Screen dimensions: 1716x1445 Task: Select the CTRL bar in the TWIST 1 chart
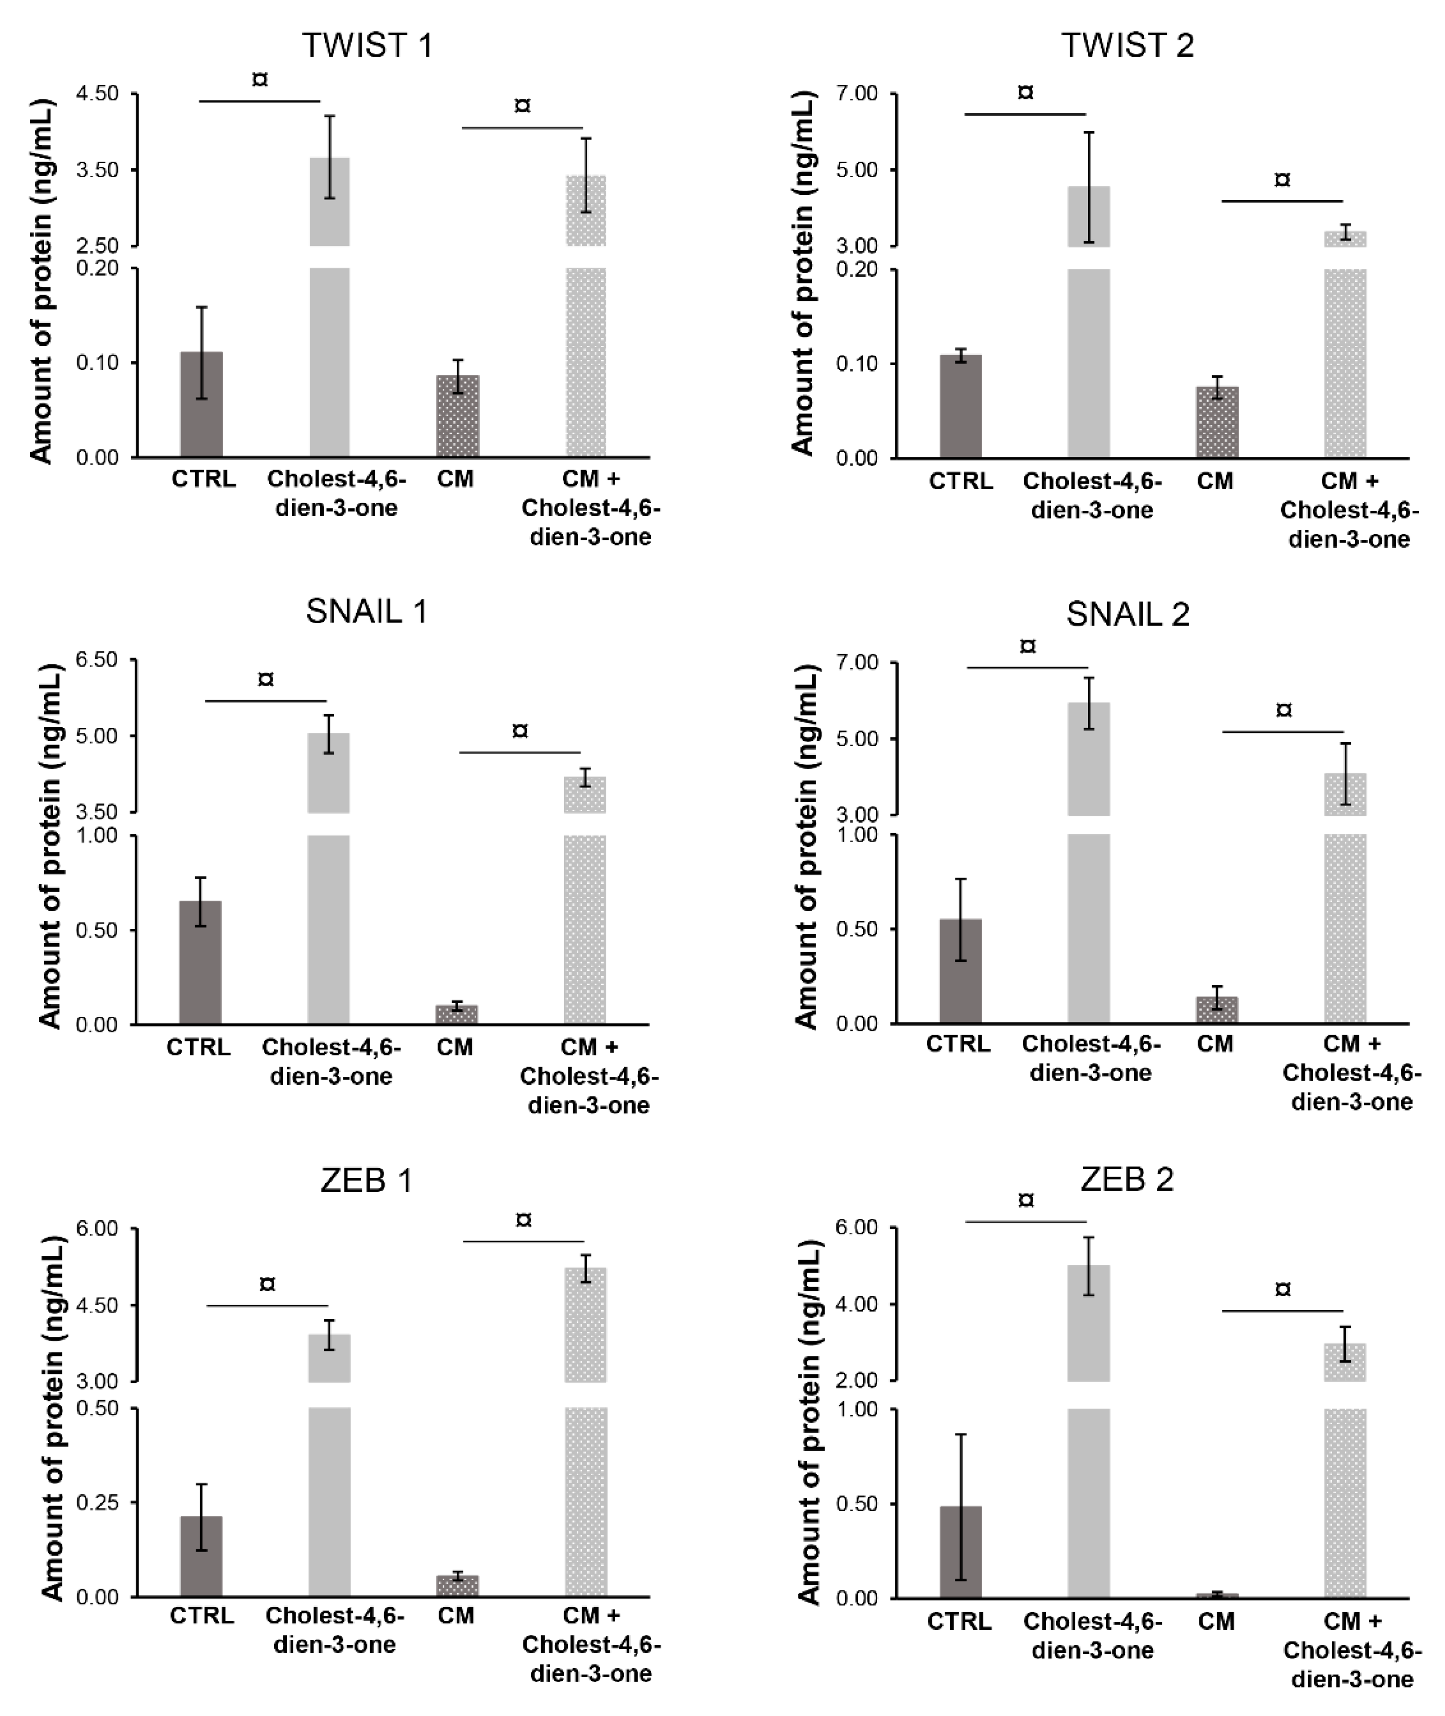(x=201, y=404)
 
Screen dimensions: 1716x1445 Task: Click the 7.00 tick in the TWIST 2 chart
(x=857, y=94)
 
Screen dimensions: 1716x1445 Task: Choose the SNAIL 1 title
(x=367, y=612)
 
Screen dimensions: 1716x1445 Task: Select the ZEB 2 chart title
(x=1127, y=1179)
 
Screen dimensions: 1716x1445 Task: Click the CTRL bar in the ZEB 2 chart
(x=961, y=1552)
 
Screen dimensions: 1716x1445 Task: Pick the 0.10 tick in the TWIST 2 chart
(x=857, y=364)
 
